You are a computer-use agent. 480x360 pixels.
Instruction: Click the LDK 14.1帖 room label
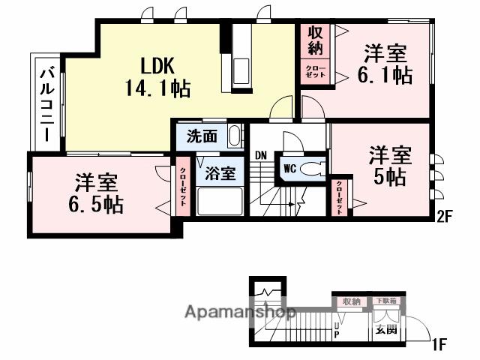(x=157, y=76)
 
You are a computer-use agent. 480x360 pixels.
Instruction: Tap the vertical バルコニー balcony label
(x=45, y=103)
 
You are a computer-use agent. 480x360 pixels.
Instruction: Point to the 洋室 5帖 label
(x=390, y=166)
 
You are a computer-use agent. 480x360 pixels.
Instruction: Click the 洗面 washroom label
(x=202, y=137)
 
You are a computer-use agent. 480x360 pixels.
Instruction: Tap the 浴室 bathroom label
(x=220, y=172)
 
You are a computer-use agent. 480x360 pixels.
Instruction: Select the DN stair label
(x=260, y=155)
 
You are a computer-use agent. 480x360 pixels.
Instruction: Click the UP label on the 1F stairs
(x=337, y=328)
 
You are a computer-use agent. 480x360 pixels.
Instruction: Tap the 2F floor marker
(x=445, y=217)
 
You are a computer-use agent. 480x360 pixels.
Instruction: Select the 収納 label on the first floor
(x=350, y=301)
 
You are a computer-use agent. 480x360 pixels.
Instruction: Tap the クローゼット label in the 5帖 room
(x=340, y=196)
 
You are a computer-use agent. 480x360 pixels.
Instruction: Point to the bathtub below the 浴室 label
(x=220, y=200)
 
